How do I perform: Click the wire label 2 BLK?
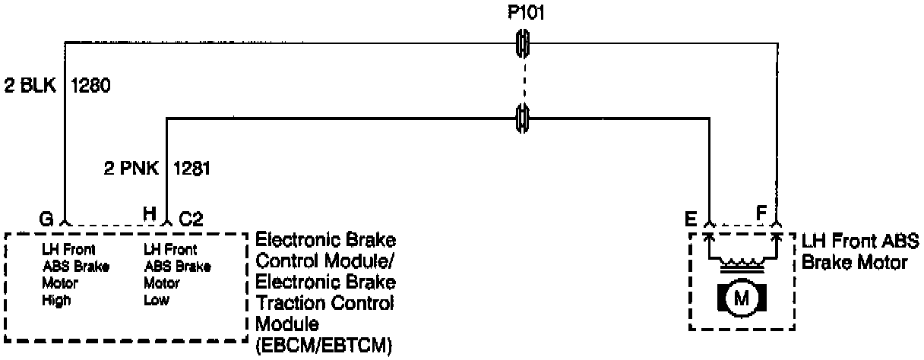(x=30, y=86)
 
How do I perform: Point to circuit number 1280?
(x=91, y=86)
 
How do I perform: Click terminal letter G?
(x=46, y=219)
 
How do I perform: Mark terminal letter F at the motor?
(x=760, y=215)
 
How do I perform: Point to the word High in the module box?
(x=57, y=300)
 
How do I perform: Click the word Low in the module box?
(x=157, y=300)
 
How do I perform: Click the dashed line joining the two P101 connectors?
(x=523, y=80)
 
